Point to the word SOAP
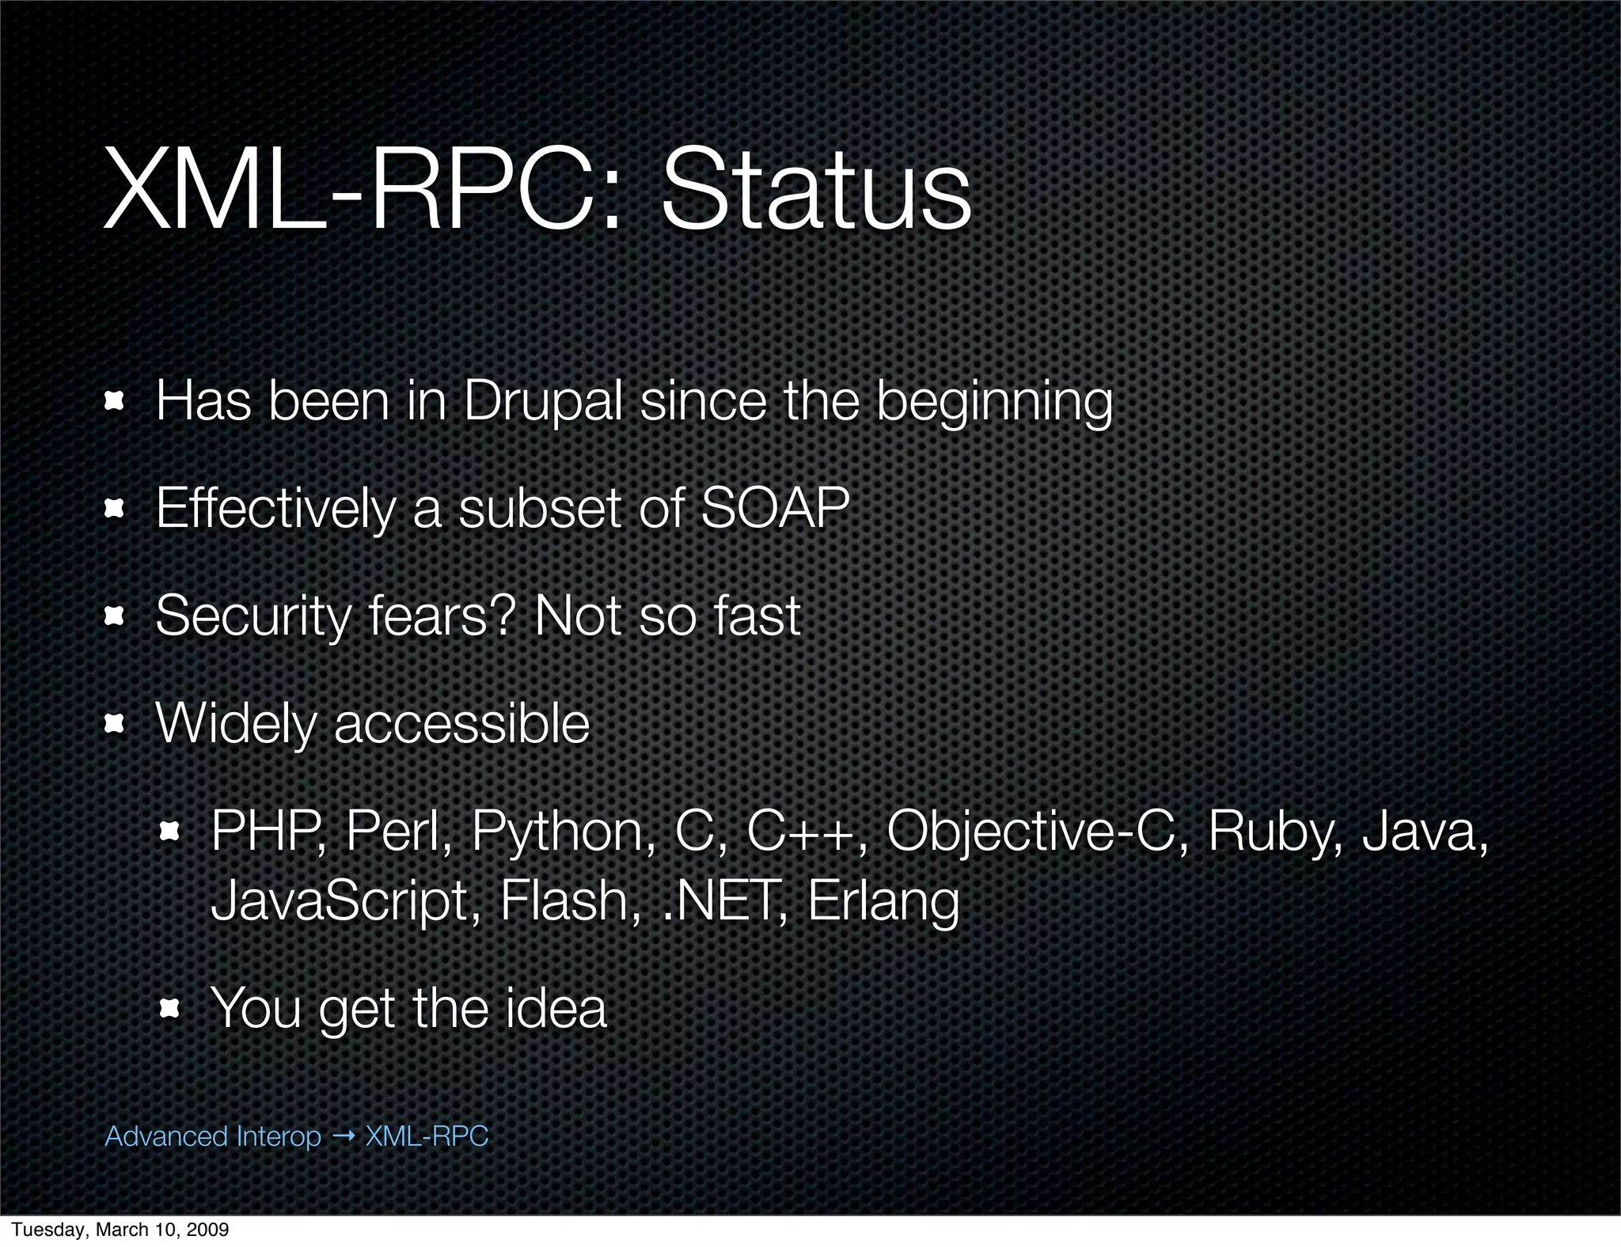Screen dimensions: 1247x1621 coord(775,508)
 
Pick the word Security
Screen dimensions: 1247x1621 coord(252,616)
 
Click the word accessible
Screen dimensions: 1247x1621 coord(461,723)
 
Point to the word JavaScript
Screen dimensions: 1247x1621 coord(340,902)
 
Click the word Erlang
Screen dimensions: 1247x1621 coord(883,902)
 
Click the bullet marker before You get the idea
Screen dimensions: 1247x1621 coord(169,1009)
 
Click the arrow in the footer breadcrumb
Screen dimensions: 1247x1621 coord(344,1136)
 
